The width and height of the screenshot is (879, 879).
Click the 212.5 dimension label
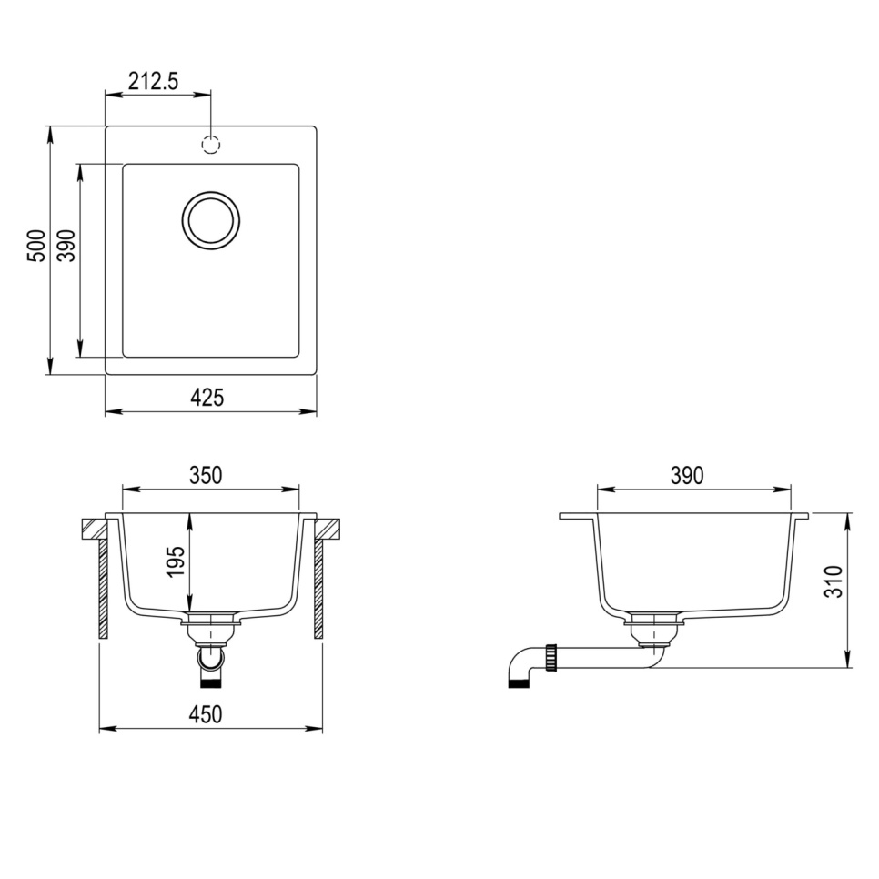pyautogui.click(x=153, y=81)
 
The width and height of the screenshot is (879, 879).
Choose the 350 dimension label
pyautogui.click(x=206, y=475)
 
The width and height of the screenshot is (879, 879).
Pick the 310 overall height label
pyautogui.click(x=834, y=581)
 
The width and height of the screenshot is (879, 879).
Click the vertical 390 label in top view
pyautogui.click(x=66, y=247)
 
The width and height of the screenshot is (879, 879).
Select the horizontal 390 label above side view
pyautogui.click(x=687, y=475)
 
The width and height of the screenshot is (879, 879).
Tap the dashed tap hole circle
pyautogui.click(x=211, y=144)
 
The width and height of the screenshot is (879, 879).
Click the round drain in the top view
pyautogui.click(x=211, y=219)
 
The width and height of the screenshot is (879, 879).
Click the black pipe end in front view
pyautogui.click(x=211, y=680)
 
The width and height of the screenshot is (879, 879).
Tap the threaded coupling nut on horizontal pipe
pyautogui.click(x=551, y=657)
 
